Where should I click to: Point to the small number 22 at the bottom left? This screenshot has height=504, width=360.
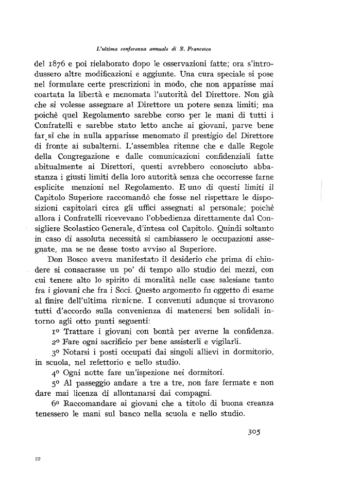(38, 458)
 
